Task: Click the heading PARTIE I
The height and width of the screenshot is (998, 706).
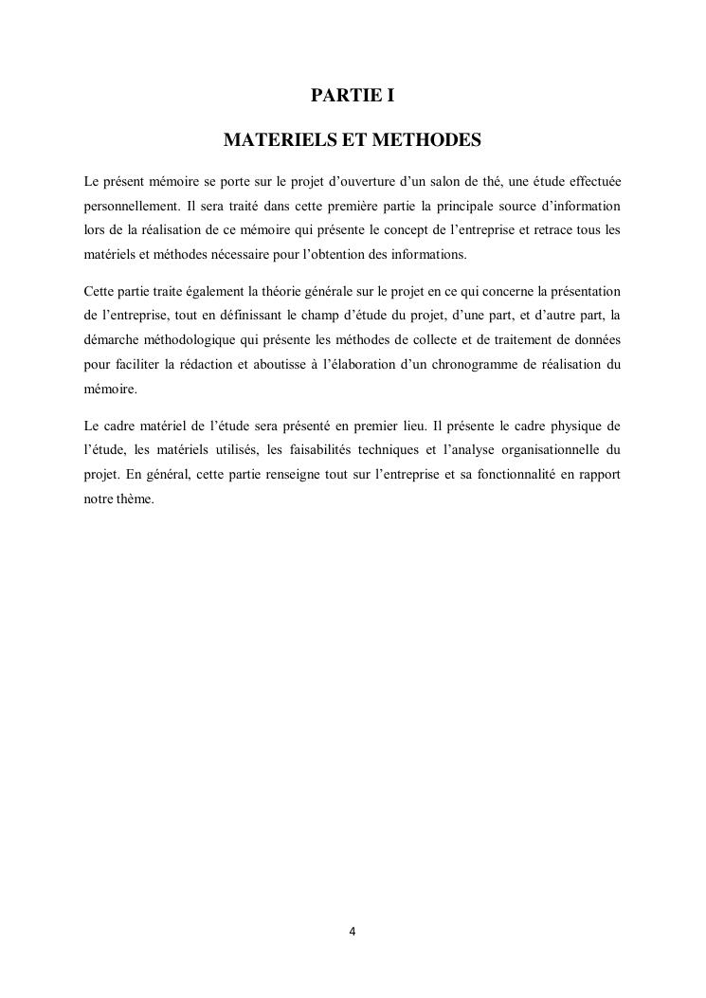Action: pos(352,96)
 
